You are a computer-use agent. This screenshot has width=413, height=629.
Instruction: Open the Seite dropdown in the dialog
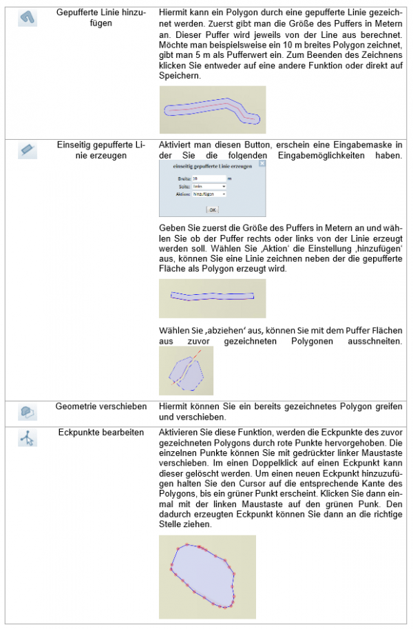pos(209,186)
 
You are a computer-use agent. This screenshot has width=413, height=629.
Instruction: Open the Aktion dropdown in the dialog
pos(209,194)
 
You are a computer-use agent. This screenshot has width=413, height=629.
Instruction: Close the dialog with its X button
pos(263,167)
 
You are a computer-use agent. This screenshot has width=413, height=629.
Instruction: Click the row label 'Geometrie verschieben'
pos(100,406)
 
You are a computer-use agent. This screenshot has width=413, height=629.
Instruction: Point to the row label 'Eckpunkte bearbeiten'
pos(100,433)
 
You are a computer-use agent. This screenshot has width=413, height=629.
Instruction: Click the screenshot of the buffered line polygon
pos(212,110)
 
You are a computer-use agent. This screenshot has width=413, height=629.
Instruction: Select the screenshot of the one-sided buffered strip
pos(212,298)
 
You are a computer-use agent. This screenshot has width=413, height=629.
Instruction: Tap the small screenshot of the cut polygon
pos(186,371)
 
